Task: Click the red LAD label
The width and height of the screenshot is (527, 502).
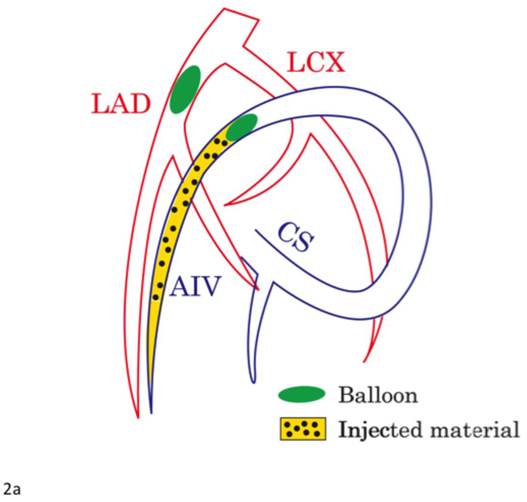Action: tap(121, 104)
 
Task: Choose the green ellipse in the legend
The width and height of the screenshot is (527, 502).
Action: tap(302, 394)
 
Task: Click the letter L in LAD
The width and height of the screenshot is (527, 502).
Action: tap(98, 104)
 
